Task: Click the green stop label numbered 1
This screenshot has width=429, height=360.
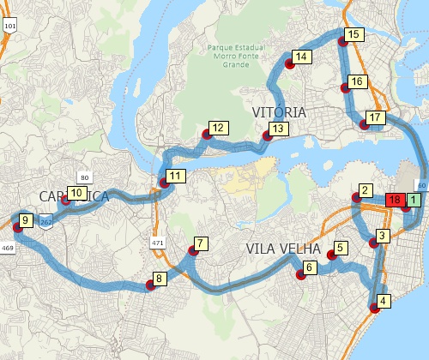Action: coord(414,201)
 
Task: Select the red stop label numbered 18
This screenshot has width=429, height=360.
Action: coord(395,201)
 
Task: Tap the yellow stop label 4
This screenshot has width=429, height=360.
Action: coord(383,301)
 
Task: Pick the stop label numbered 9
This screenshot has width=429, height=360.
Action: coord(26,220)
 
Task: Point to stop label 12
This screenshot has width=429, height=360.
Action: coord(219,128)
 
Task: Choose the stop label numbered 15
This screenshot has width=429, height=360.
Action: coord(353,34)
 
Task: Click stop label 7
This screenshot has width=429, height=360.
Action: coord(201,243)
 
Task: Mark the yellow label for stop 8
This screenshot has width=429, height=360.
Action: coord(159,279)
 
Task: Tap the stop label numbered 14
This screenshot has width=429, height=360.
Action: coord(299,57)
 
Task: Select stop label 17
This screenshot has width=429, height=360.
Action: coord(373,117)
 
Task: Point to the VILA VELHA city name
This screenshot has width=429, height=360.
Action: coord(283,249)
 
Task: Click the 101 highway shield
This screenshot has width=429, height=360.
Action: coord(9,27)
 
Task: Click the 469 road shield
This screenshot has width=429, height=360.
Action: coord(8,248)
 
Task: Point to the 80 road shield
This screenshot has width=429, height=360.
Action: coord(84,177)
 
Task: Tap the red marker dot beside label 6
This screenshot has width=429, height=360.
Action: coord(301,275)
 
